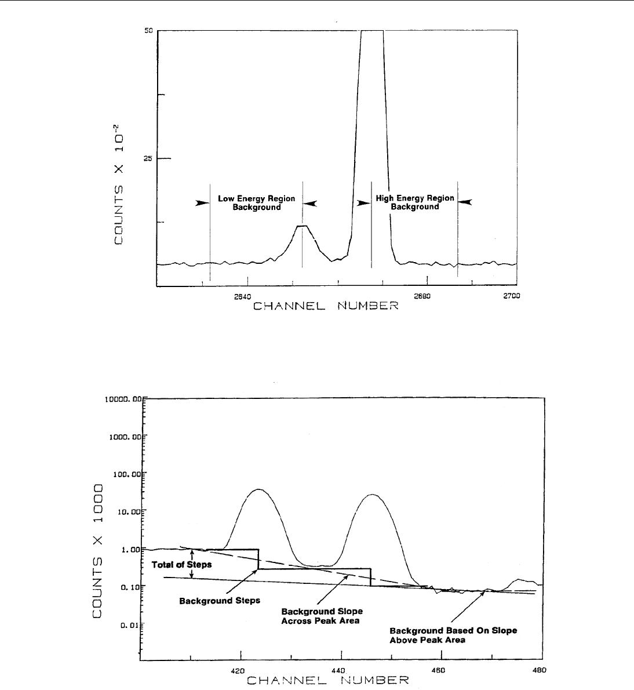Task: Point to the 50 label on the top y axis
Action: [148, 30]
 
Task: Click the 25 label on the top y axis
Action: [148, 158]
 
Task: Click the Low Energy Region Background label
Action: [256, 203]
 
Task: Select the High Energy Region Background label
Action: [415, 202]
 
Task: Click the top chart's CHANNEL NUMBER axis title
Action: [326, 306]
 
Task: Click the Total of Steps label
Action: [181, 564]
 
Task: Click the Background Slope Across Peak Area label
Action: [322, 616]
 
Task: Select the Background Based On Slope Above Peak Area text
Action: [453, 635]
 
